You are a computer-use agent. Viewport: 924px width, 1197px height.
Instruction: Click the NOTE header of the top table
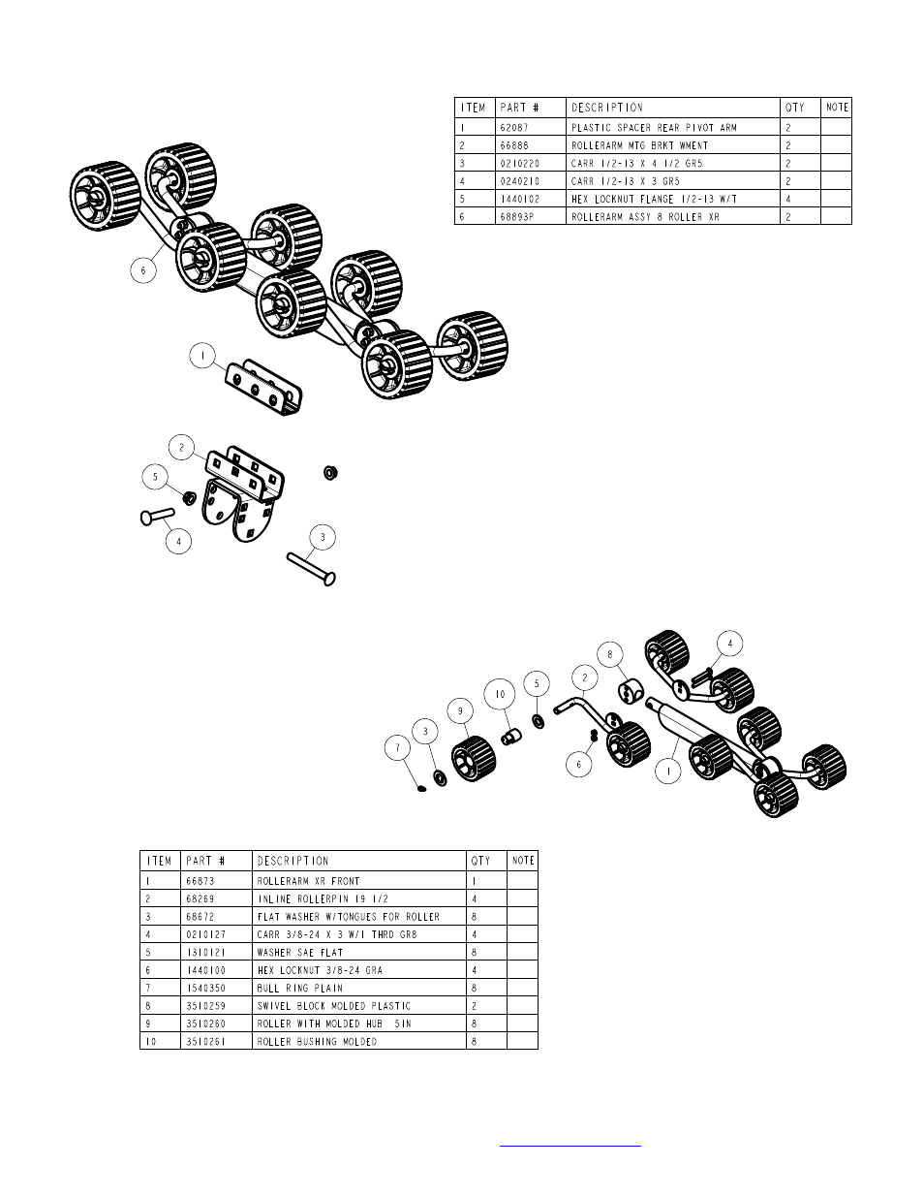837,108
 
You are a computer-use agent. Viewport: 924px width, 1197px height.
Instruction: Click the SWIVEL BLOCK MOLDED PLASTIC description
334,1006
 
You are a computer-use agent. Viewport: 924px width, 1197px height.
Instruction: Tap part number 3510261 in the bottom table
205,1042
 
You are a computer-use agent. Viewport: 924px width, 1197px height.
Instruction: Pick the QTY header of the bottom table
481,861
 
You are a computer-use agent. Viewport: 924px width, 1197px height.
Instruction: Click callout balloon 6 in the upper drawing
143,270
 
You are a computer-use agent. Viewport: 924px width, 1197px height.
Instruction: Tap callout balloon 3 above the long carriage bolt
322,536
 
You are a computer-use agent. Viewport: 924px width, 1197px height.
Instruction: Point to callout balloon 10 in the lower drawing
500,694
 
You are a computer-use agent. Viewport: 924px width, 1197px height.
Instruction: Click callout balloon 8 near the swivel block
609,654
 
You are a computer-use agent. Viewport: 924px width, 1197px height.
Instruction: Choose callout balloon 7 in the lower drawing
396,747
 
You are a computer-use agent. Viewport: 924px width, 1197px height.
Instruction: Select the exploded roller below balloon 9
474,758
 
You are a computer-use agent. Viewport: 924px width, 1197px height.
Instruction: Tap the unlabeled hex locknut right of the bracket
329,473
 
